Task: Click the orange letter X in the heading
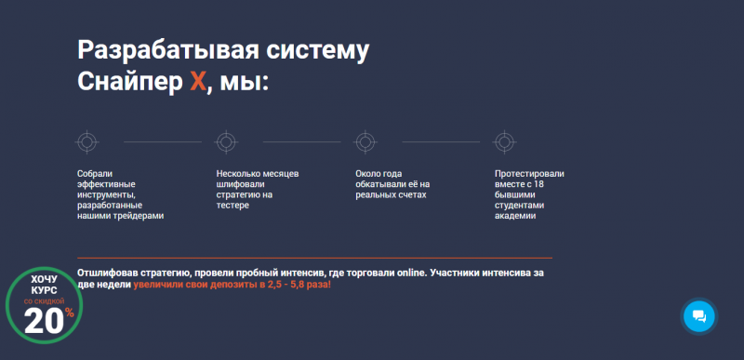coord(196,82)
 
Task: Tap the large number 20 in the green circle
coord(43,321)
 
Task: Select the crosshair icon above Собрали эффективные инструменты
coord(86,142)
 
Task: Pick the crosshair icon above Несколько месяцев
coord(225,142)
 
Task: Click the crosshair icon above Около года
coord(365,142)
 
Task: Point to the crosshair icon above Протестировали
coord(504,142)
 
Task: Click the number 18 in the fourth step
coord(538,184)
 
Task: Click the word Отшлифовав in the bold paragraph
coord(111,273)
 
